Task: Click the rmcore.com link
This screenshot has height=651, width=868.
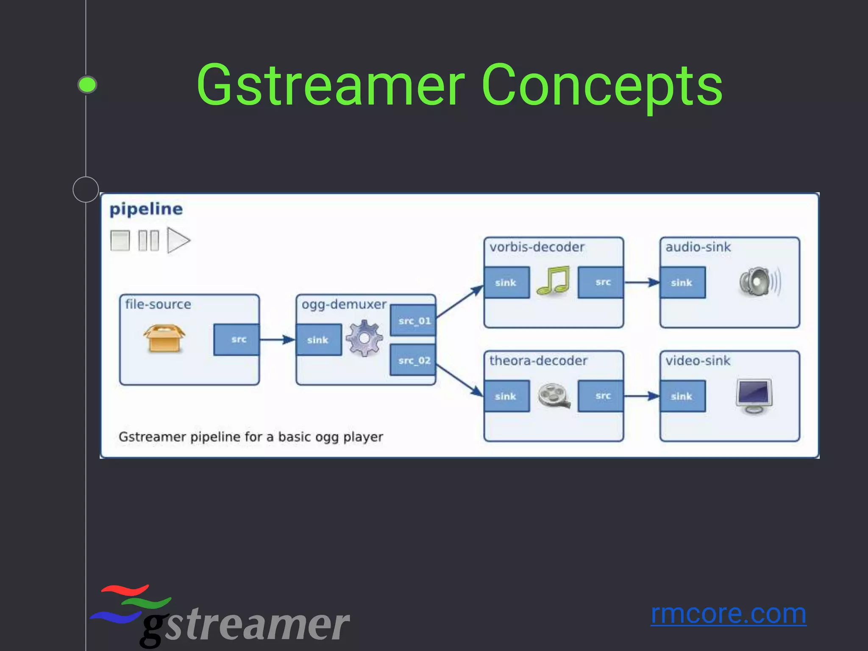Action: coord(728,614)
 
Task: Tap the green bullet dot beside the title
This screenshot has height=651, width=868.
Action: coord(87,85)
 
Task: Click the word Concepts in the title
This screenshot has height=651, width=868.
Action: coord(602,85)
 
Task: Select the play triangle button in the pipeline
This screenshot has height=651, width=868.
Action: coord(178,240)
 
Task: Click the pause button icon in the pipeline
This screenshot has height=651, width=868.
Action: coord(149,240)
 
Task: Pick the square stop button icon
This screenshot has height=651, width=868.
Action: coord(120,240)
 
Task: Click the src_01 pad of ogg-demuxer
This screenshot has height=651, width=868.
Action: coord(413,320)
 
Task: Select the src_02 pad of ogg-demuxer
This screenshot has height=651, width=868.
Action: coord(413,360)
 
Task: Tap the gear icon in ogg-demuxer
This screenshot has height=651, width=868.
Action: coord(364,338)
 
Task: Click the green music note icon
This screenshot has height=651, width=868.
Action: coord(553,281)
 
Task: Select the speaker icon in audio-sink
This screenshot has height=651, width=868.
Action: coord(759,282)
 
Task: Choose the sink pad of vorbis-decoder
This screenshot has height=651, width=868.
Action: coord(506,283)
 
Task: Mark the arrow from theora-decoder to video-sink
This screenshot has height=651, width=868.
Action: coord(642,396)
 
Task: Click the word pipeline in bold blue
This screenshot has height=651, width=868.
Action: coord(146,209)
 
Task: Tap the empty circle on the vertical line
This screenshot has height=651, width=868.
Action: coord(86,189)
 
